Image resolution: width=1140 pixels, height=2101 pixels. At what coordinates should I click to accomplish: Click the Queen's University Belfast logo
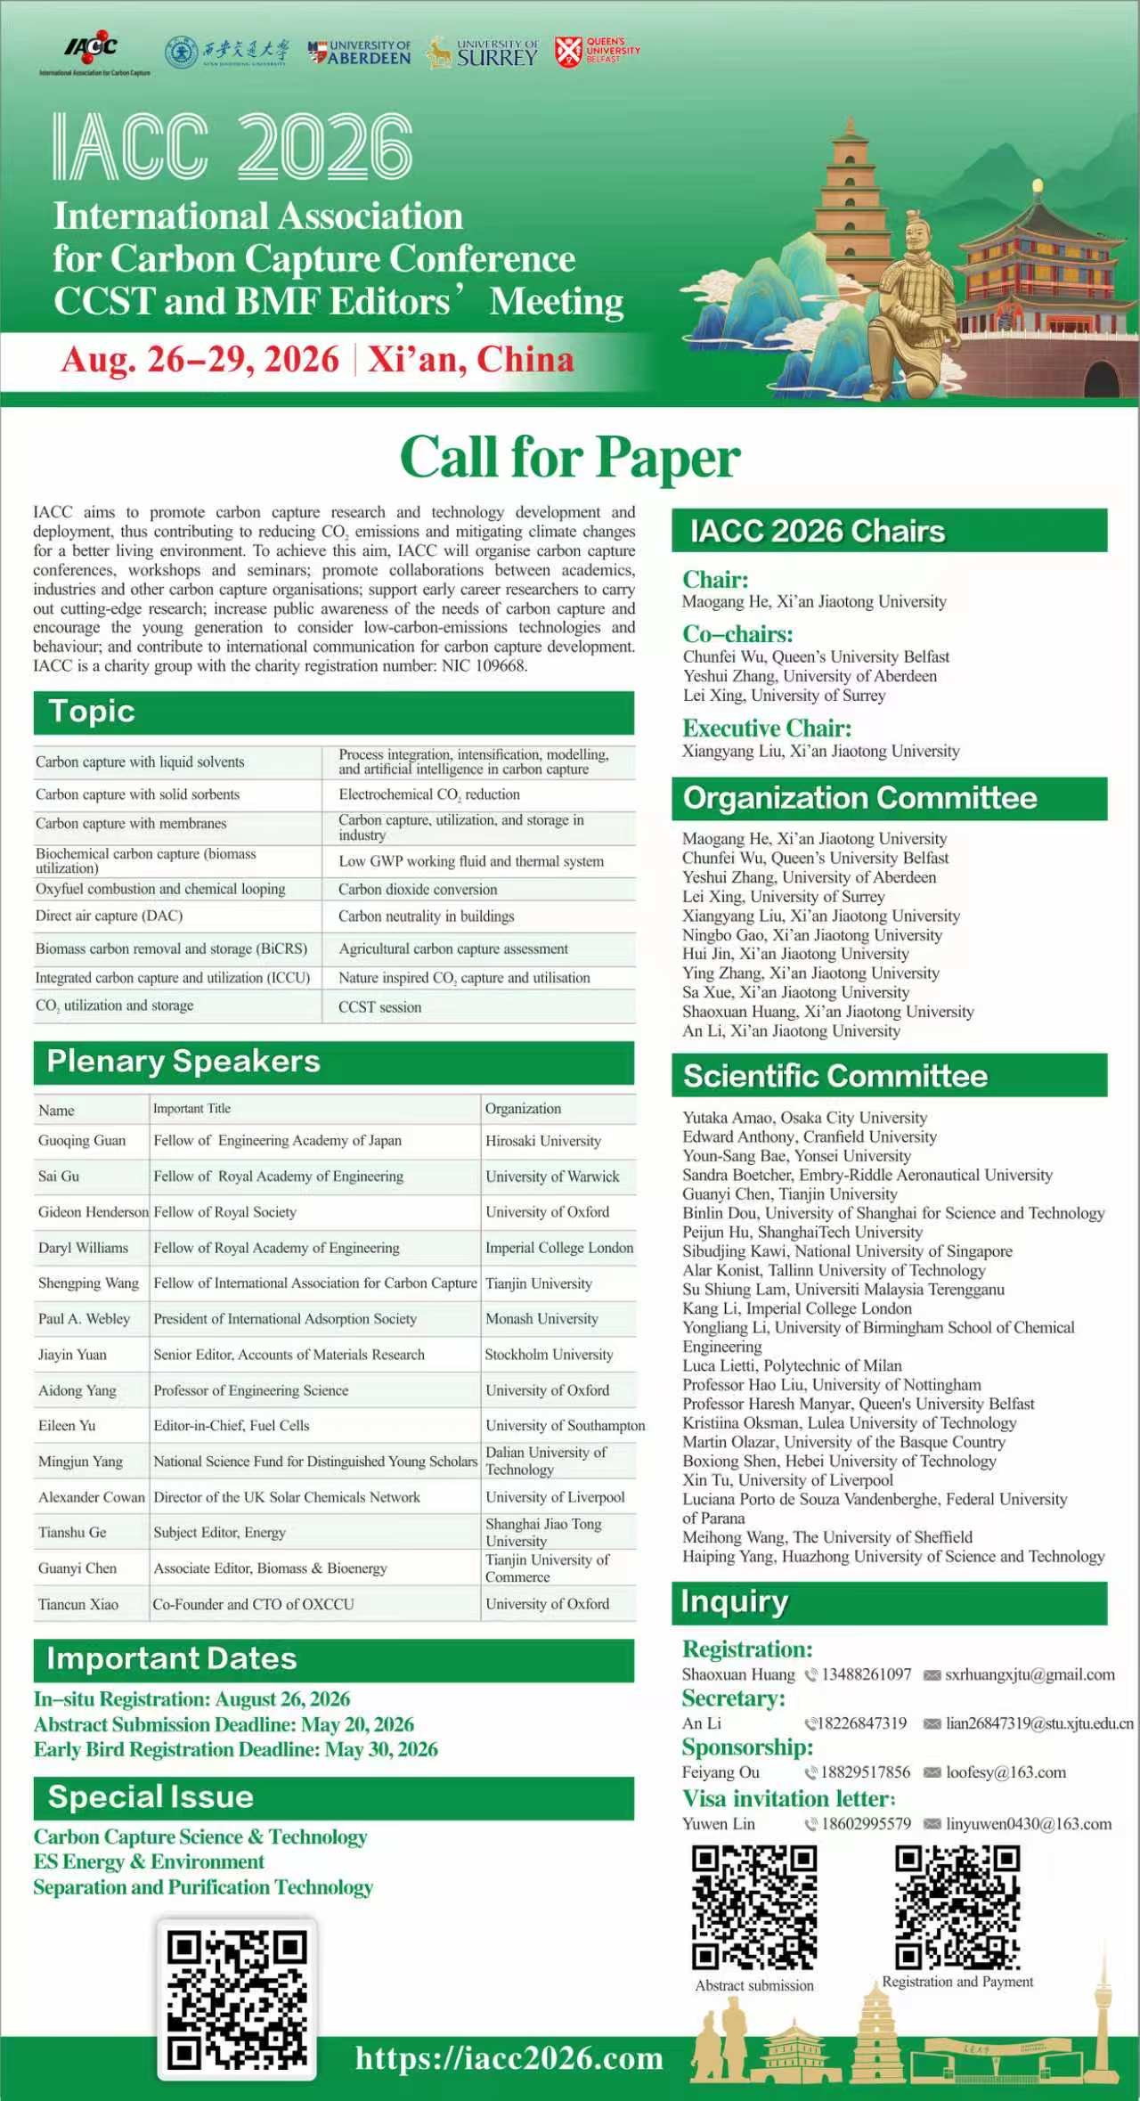[x=597, y=51]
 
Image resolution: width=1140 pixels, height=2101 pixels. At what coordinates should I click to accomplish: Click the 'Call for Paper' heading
[x=570, y=458]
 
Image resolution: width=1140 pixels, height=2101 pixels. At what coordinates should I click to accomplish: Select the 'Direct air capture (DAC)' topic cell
[x=109, y=916]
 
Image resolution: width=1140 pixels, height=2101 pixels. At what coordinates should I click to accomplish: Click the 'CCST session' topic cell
[x=379, y=1007]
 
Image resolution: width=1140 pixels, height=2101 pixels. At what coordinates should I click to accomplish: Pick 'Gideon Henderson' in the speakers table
[x=93, y=1212]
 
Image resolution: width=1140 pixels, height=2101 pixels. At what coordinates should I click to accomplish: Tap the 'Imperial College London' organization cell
[x=558, y=1248]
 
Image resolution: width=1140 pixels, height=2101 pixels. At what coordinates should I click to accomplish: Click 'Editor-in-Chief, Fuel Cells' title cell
[x=231, y=1426]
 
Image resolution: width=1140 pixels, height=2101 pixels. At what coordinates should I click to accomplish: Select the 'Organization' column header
[x=523, y=1109]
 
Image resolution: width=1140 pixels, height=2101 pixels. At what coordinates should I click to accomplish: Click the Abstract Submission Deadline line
[x=224, y=1724]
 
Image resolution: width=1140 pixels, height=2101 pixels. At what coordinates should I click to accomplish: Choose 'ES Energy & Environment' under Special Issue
[x=149, y=1861]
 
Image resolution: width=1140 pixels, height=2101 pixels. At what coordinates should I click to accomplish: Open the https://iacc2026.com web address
[x=509, y=2058]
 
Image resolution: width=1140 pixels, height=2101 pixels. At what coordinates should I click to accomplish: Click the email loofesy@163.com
[x=1006, y=1772]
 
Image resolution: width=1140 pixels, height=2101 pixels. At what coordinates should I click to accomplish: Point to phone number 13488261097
[x=866, y=1674]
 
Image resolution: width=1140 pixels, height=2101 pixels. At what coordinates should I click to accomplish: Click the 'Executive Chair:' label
[x=767, y=729]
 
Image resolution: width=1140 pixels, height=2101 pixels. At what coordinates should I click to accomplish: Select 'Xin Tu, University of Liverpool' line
[x=787, y=1480]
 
